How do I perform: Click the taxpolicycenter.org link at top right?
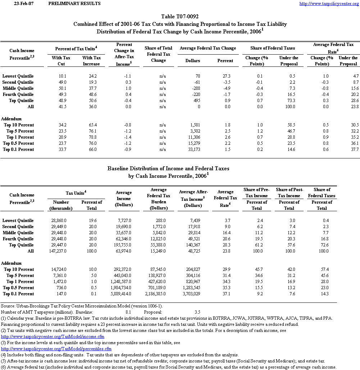(x=329, y=4)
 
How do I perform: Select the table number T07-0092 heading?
(x=180, y=17)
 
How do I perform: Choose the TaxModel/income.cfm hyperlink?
(x=53, y=337)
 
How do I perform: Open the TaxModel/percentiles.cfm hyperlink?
(x=56, y=349)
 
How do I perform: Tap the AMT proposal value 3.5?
(x=197, y=312)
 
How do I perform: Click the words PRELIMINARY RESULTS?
(x=74, y=4)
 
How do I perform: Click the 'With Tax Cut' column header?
(x=61, y=61)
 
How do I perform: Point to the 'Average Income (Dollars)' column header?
(x=124, y=198)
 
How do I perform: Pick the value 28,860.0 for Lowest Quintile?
(x=58, y=221)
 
